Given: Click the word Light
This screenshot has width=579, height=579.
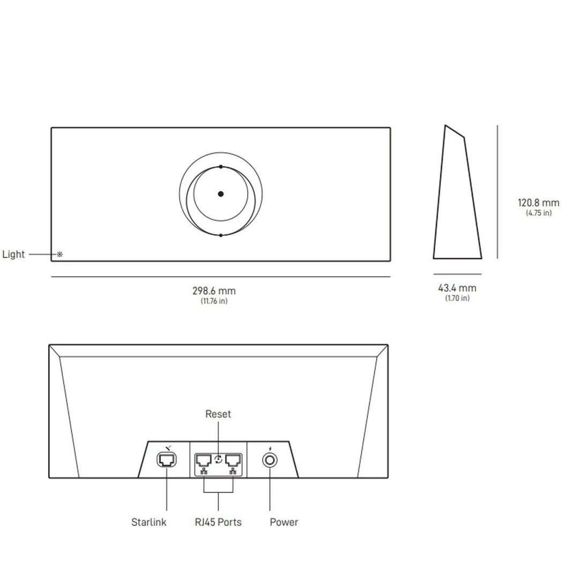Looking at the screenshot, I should point(13,254).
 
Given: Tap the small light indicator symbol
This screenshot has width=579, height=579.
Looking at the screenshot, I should point(60,255).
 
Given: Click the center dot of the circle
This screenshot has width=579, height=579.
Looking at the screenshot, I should point(220,194).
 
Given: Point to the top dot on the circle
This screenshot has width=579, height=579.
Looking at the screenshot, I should point(220,167).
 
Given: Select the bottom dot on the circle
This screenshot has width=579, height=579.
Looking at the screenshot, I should point(220,235).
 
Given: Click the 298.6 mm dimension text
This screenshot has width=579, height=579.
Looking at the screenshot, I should point(214,291).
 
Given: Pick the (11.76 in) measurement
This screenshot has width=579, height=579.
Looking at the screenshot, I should point(214,301).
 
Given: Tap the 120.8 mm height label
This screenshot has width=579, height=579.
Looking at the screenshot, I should point(538,203).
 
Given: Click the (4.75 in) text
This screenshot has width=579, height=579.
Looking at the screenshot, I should point(538,213).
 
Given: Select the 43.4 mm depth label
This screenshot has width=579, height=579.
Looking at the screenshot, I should point(457,288).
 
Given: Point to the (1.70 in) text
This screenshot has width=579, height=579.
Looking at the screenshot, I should point(457,298).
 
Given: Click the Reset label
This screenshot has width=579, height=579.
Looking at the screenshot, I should point(218,414).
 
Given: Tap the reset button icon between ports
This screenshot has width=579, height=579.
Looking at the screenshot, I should point(218,459).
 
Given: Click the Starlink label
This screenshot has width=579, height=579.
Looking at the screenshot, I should point(149,522).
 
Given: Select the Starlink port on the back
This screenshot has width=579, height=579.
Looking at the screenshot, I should point(166,459).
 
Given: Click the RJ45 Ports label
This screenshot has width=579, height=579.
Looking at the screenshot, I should point(218,522).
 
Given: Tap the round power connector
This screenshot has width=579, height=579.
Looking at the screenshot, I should point(270,460).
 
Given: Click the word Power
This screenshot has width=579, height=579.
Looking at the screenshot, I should point(284,522).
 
